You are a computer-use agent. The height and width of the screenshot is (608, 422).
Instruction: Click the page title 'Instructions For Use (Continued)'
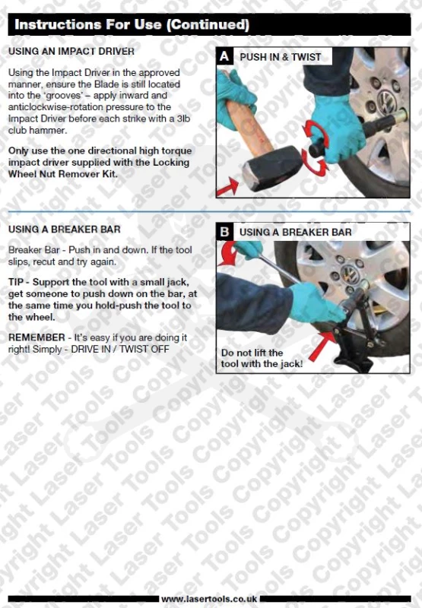[132, 24]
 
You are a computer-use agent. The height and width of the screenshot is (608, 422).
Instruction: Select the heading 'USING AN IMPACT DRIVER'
[71, 51]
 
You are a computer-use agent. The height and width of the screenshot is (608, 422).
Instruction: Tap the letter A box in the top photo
[224, 56]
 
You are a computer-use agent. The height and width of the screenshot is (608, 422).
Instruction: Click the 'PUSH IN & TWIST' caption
[281, 57]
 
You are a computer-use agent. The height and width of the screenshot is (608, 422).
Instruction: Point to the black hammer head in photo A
[272, 168]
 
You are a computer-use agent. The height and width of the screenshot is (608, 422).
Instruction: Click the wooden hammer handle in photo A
[249, 126]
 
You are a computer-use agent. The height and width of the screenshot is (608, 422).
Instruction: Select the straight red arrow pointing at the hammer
[227, 187]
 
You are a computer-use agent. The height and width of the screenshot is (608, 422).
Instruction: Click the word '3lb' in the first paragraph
[183, 119]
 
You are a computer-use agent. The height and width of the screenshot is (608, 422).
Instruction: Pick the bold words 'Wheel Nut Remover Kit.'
[63, 174]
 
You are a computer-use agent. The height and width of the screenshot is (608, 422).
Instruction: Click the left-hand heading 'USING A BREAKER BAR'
[65, 230]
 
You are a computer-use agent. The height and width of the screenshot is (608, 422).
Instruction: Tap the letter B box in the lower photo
[224, 232]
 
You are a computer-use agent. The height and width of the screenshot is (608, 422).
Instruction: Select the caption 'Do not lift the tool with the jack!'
[262, 358]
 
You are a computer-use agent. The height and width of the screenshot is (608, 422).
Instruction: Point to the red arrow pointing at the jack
[322, 346]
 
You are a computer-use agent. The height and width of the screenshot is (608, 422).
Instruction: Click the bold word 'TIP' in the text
[16, 282]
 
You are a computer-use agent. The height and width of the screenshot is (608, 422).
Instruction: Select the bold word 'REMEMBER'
[36, 337]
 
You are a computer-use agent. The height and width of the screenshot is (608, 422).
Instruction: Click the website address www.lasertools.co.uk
[209, 599]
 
